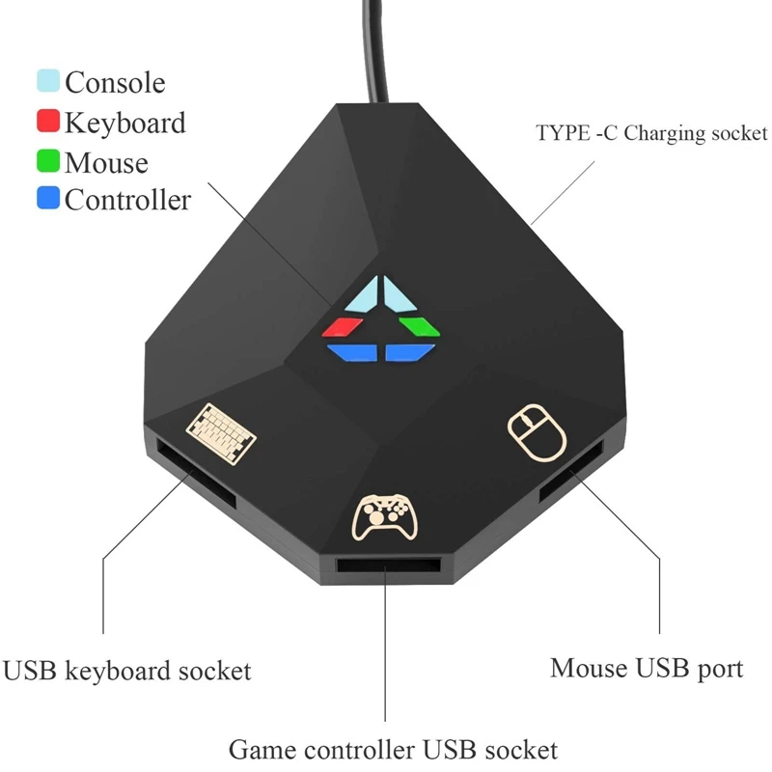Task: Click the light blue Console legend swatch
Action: coord(48,82)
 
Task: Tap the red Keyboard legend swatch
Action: coord(48,123)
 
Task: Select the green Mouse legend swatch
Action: coord(48,161)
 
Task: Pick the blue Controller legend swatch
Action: coord(48,200)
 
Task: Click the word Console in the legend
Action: coord(115,83)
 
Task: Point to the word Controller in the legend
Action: coord(127,201)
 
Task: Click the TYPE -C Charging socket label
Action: coord(651,133)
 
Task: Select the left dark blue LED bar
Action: coord(350,352)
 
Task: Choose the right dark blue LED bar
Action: coord(411,352)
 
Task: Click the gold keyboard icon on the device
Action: coord(221,429)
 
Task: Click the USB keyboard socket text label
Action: coord(127,671)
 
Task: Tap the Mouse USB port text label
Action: coord(647,667)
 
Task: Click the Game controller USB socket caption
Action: coord(393,749)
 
